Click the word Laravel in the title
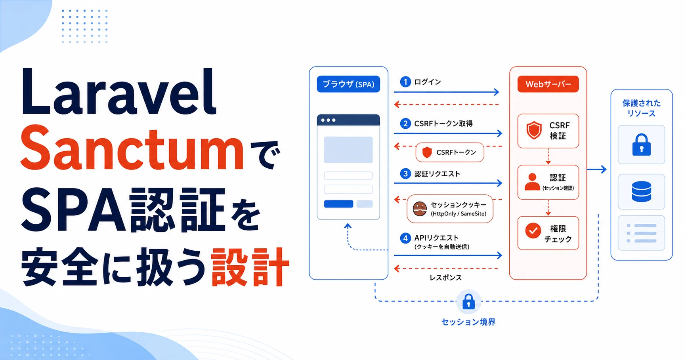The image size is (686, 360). click(118, 92)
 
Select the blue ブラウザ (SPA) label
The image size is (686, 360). click(348, 84)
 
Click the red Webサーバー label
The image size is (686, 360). click(548, 84)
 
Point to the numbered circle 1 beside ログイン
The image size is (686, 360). click(405, 82)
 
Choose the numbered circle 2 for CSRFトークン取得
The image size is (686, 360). click(405, 124)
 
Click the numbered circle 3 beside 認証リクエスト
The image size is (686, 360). click(405, 173)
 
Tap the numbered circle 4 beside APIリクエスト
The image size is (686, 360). click(405, 238)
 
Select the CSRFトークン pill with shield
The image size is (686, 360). click(450, 152)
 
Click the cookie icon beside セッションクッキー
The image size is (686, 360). click(420, 209)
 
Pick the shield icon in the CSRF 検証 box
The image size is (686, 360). click(534, 130)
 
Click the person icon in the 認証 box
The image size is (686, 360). click(532, 182)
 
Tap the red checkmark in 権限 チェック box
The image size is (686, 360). click(533, 230)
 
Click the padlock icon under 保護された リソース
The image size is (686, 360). click(641, 144)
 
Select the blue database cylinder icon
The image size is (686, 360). click(641, 192)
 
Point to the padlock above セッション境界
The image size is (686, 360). click(468, 302)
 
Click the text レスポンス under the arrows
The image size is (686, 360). click(446, 278)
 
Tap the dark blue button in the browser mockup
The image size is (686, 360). click(338, 204)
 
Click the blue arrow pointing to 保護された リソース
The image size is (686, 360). click(596, 170)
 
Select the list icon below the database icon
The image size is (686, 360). click(641, 233)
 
